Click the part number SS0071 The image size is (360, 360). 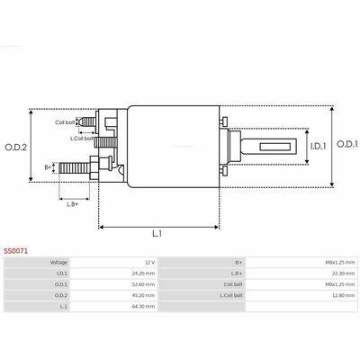click(15, 251)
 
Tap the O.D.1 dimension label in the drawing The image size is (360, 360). click(347, 144)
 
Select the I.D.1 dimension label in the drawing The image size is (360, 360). click(318, 146)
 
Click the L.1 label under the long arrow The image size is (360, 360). click(157, 233)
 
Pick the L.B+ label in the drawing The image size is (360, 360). click(73, 204)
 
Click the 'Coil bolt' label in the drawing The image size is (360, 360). click(65, 122)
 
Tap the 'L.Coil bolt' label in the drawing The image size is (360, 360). click(82, 139)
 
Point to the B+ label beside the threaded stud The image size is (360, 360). click(48, 167)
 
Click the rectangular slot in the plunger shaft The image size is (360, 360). click(275, 147)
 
